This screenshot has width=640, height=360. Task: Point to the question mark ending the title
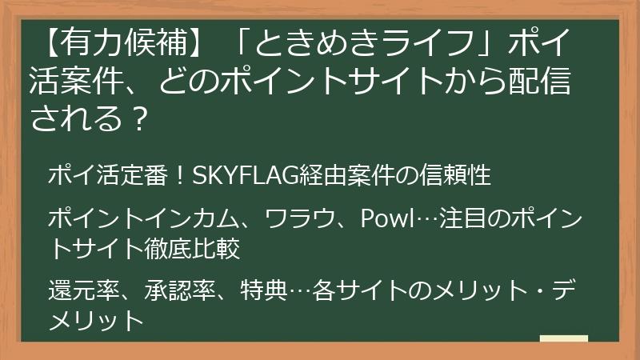(139, 121)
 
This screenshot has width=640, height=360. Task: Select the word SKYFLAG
(236, 175)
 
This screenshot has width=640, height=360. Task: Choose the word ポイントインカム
(146, 218)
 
